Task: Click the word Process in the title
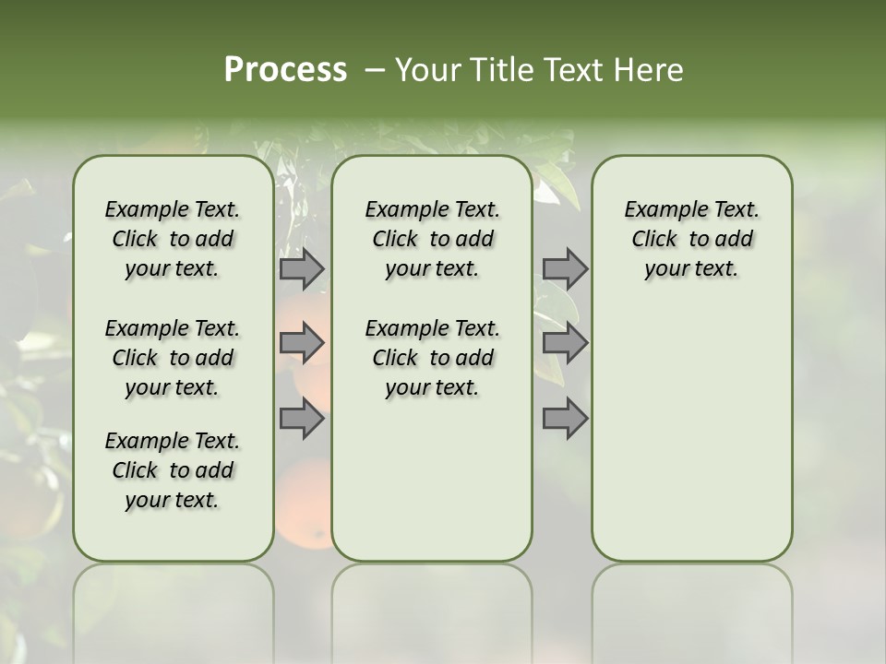[x=285, y=69]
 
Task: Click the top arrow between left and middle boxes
[x=302, y=268]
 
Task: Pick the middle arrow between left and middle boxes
[x=302, y=344]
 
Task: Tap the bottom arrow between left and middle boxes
[x=302, y=420]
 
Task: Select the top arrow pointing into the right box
[x=565, y=268]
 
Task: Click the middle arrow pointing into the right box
[x=565, y=344]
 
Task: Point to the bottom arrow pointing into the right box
[x=565, y=420]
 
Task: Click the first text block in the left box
[x=173, y=239]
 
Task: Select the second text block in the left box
[x=173, y=358]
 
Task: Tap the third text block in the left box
[x=173, y=470]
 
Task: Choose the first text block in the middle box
[x=432, y=239]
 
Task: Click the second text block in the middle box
[x=432, y=358]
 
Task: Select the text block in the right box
[x=692, y=239]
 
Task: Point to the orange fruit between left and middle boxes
[x=305, y=503]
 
